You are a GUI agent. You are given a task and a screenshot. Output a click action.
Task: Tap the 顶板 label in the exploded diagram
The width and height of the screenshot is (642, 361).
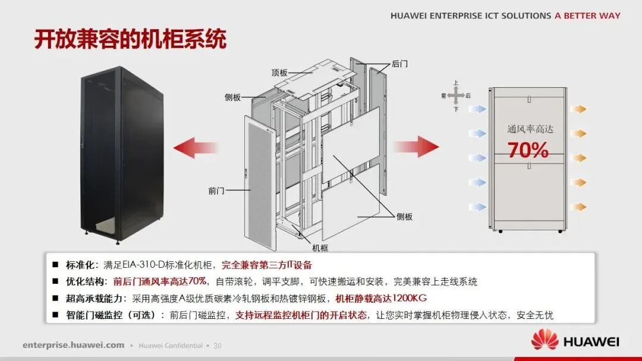(279, 73)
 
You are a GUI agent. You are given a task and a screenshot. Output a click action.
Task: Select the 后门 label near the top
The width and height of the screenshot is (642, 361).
(400, 63)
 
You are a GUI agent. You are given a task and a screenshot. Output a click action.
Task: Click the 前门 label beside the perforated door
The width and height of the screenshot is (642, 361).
(216, 191)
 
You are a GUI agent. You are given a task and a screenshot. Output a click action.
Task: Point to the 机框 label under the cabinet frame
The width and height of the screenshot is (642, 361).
(320, 248)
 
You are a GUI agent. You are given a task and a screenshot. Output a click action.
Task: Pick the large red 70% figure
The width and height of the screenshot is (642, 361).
(528, 151)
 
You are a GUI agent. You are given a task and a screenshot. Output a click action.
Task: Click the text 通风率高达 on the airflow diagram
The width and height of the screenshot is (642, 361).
(530, 129)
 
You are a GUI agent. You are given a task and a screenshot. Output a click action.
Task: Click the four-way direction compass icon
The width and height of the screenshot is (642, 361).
(455, 95)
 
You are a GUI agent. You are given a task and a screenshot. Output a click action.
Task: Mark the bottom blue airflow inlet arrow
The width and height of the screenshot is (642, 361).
(477, 207)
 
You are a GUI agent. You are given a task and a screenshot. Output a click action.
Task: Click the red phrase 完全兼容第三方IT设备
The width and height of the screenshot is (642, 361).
(266, 265)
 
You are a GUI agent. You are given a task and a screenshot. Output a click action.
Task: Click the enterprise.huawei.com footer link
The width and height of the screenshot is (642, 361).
(74, 345)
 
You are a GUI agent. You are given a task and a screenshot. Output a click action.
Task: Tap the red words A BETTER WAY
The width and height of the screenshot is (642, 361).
(587, 16)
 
